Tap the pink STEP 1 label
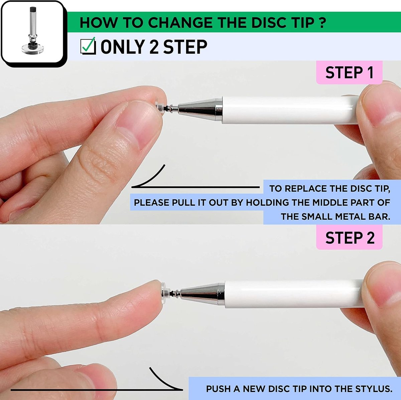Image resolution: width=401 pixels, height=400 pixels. tap(349, 72)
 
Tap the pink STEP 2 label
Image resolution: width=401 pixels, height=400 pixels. tap(350, 237)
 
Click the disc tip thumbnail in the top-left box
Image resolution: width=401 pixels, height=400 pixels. tap(33, 31)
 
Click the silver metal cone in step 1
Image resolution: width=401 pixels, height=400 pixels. tap(200, 110)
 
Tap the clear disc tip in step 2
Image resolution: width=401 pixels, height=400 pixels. tap(164, 293)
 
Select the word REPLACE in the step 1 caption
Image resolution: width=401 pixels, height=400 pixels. tap(306, 188)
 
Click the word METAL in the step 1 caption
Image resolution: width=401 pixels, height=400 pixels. tap(349, 217)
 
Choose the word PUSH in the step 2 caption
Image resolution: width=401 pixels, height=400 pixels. tap(218, 389)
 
